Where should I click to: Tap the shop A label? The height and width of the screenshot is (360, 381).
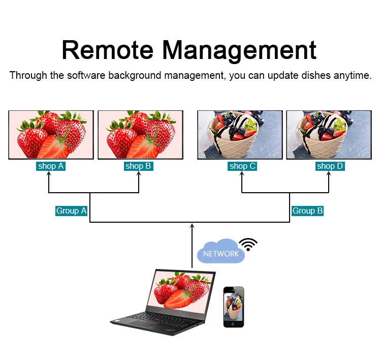click(51, 166)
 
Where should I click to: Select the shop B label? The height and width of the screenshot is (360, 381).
click(138, 166)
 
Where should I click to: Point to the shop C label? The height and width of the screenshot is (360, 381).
click(242, 166)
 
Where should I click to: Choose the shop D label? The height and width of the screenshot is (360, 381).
click(330, 166)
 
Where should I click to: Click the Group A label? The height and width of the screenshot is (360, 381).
click(71, 211)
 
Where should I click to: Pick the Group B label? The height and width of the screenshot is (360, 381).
click(307, 211)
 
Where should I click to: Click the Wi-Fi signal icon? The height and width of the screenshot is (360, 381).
click(248, 244)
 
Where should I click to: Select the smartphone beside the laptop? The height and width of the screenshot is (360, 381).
click(233, 307)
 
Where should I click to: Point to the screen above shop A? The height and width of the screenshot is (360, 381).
click(51, 135)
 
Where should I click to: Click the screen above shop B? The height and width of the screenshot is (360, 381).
click(138, 135)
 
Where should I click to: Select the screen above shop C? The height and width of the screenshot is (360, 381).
click(240, 135)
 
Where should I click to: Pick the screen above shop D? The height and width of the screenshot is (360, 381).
click(329, 135)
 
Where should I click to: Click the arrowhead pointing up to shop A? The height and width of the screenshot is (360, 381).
click(49, 174)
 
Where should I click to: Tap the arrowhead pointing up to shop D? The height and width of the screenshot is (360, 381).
click(329, 174)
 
